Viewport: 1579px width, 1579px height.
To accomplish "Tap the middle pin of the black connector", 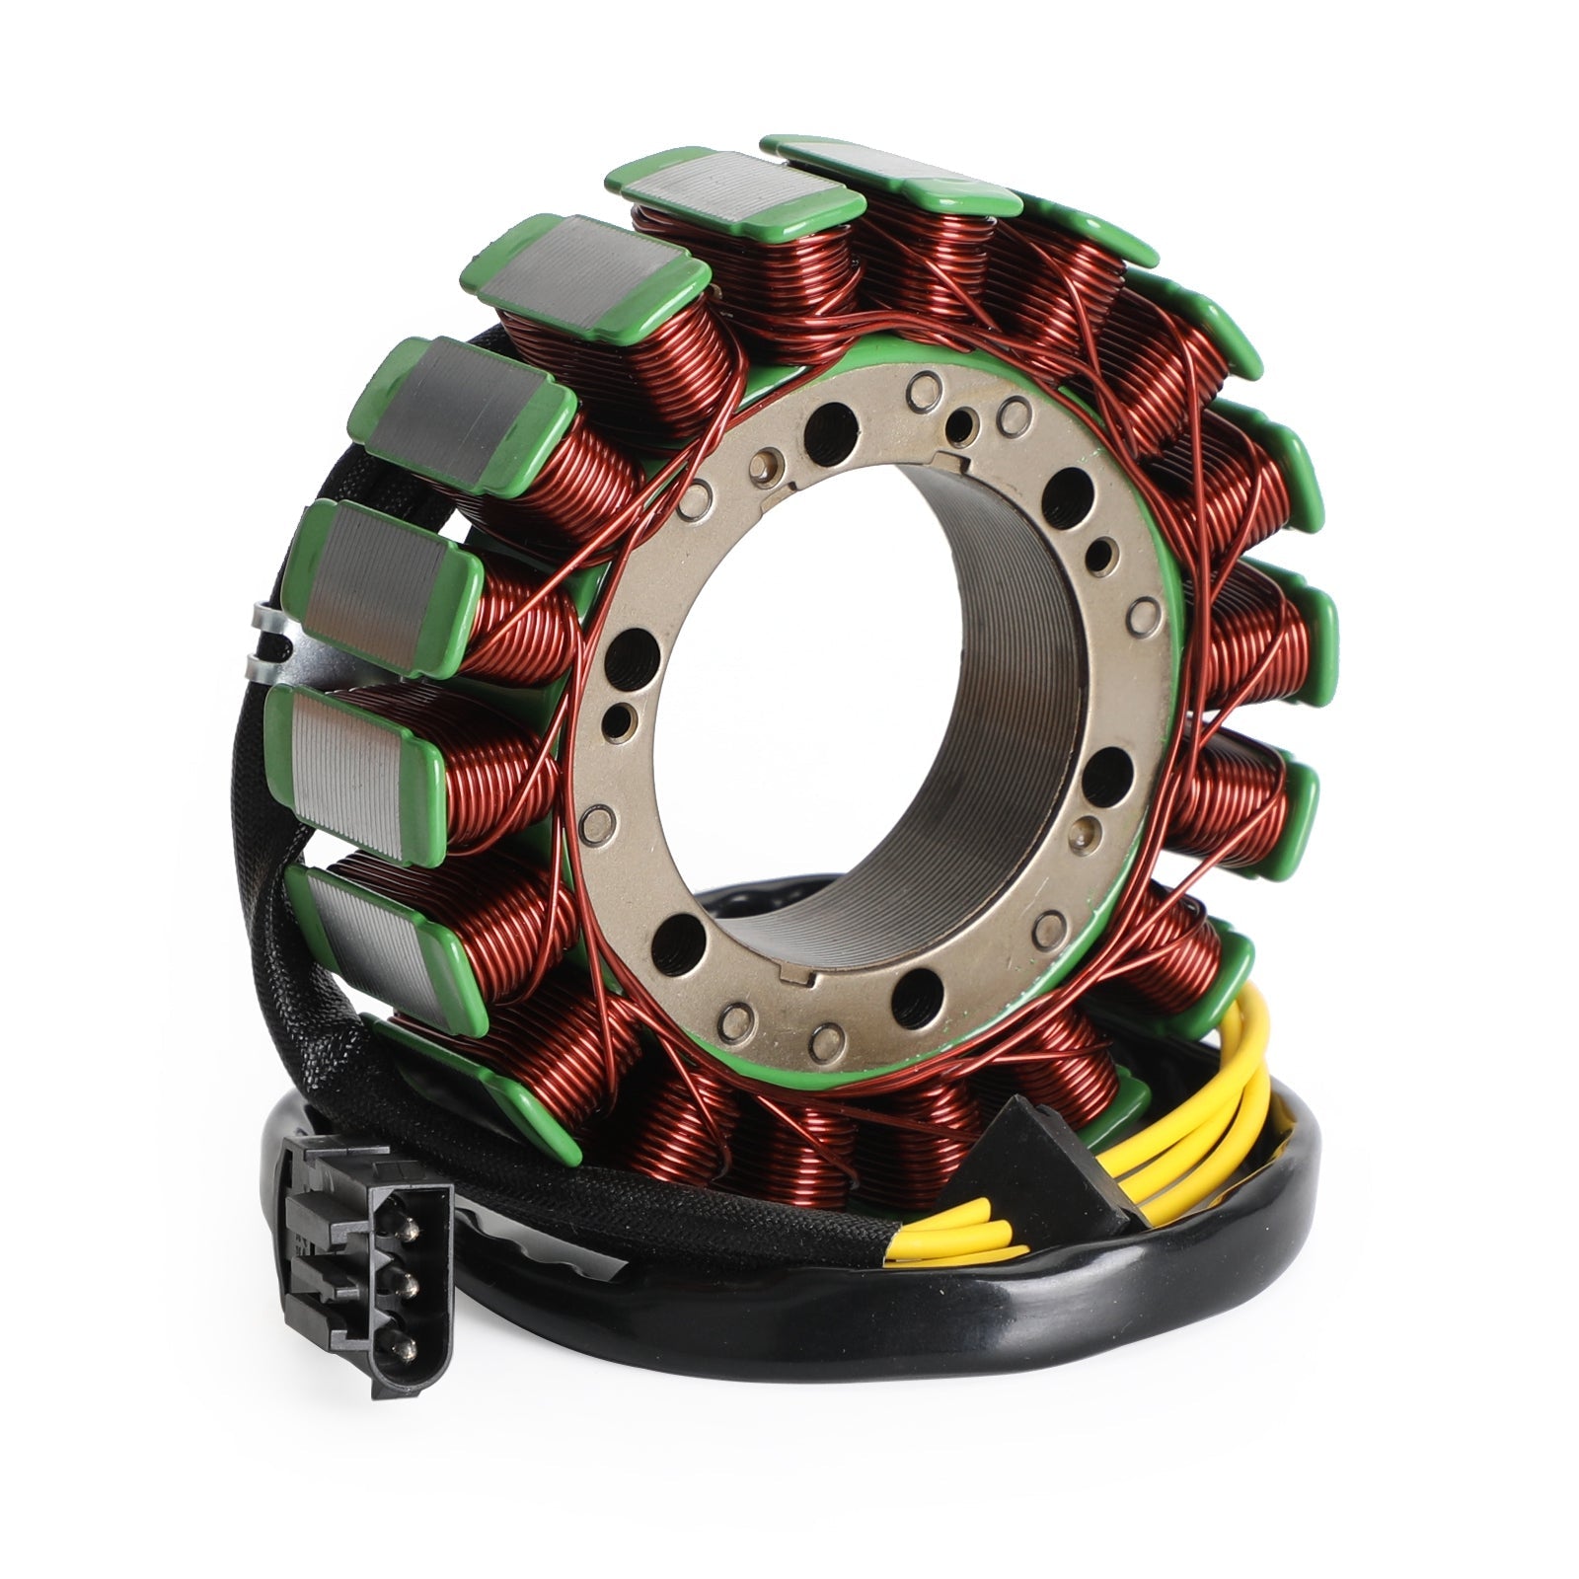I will click(405, 1284).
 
